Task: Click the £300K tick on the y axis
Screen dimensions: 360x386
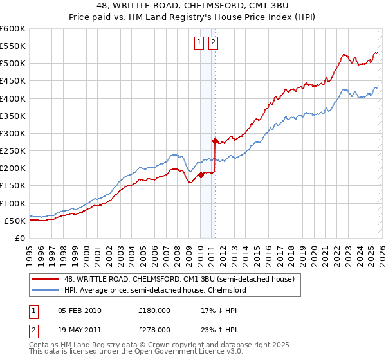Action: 13,133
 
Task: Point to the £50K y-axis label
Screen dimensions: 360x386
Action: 15,221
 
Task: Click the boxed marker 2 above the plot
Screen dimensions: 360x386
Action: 213,43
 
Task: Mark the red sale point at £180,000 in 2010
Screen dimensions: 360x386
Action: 201,174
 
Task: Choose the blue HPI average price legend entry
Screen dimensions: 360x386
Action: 154,291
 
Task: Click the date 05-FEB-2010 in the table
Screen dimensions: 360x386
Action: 79,310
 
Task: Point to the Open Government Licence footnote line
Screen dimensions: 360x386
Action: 129,353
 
